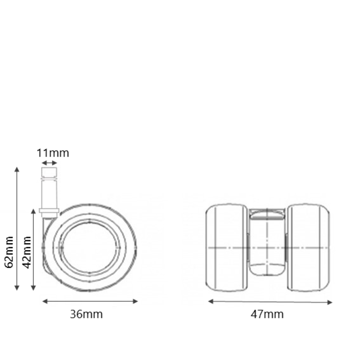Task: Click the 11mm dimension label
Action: (x=53, y=153)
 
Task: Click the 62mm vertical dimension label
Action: (x=10, y=252)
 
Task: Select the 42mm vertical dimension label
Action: (x=26, y=252)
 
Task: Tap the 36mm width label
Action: (x=86, y=314)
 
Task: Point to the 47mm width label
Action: (x=267, y=314)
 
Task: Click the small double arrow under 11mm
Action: (x=50, y=163)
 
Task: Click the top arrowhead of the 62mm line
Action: (x=17, y=170)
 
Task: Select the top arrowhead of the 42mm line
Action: (x=34, y=211)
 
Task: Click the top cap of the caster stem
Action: (x=49, y=172)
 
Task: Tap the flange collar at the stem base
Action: (x=49, y=210)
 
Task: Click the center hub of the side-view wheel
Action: (x=90, y=248)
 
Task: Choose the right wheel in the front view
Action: (x=308, y=248)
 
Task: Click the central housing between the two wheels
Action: (x=267, y=244)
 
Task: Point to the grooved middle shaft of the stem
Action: (x=49, y=192)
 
